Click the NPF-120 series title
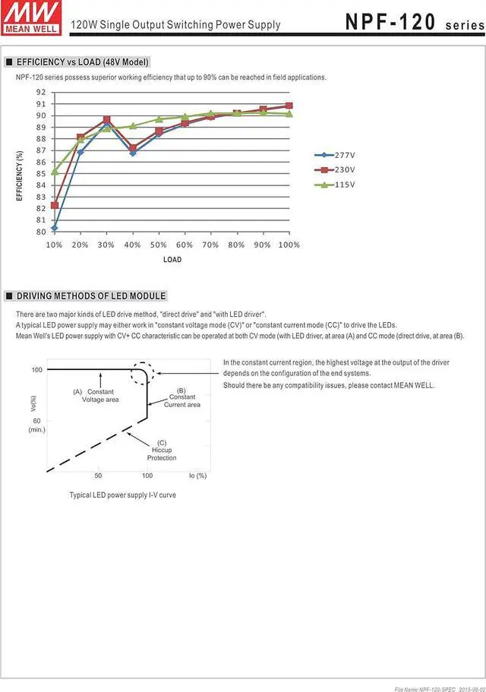tap(415, 22)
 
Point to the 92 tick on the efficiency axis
tap(41, 92)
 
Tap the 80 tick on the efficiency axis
tap(41, 232)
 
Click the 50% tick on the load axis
tap(158, 245)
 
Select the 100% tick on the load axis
tap(289, 245)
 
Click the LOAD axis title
tap(172, 260)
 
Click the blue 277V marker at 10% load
tap(55, 228)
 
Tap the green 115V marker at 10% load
tap(55, 172)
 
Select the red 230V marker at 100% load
tap(289, 106)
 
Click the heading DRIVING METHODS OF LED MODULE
tap(91, 296)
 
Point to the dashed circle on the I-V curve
tap(142, 374)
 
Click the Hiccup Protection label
tap(162, 450)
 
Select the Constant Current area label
tap(182, 397)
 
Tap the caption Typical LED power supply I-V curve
tap(123, 495)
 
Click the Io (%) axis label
tap(197, 476)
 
